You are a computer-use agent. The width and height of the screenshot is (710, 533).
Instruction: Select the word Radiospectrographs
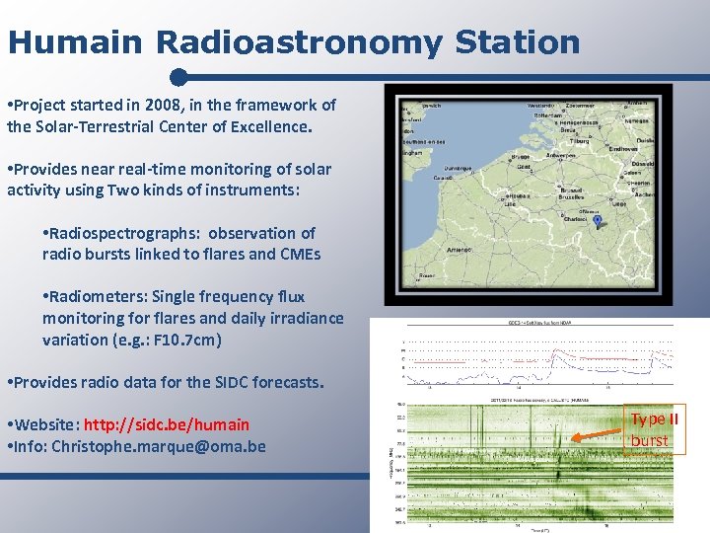pos(121,233)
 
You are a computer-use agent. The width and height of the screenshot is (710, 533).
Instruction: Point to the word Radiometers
pos(103,296)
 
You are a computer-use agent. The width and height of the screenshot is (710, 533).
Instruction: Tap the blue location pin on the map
pos(583,223)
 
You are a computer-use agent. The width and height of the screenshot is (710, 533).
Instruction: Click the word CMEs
pos(295,255)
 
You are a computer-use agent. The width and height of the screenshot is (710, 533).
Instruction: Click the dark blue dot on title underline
pos(178,77)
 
